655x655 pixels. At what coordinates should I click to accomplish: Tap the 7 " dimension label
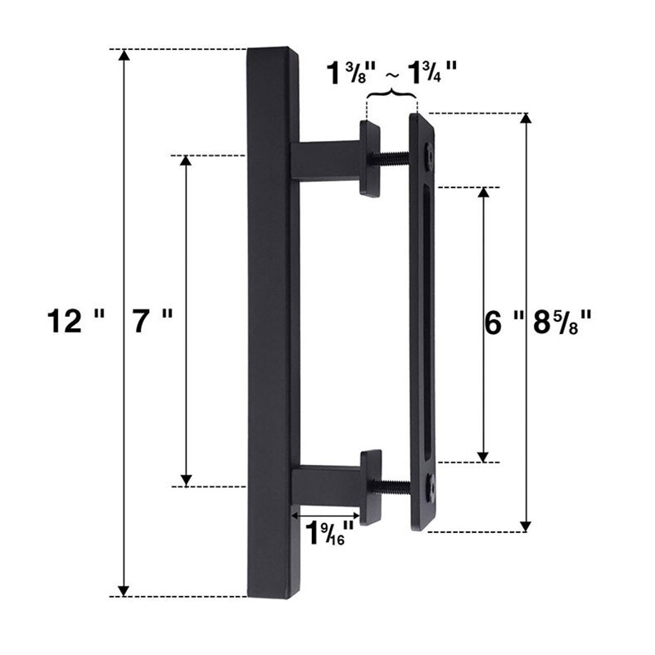click(x=152, y=322)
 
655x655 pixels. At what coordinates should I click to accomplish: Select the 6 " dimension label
click(x=504, y=323)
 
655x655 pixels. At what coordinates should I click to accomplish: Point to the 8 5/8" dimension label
click(x=562, y=323)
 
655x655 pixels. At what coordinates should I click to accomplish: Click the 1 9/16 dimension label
click(x=330, y=534)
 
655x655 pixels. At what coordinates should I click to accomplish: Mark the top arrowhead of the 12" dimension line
click(x=124, y=56)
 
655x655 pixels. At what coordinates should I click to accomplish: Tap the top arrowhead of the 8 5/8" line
click(x=525, y=119)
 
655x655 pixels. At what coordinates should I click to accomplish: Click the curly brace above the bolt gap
click(x=392, y=97)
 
